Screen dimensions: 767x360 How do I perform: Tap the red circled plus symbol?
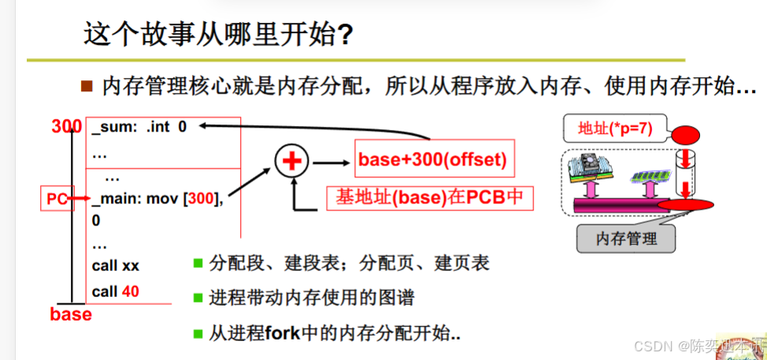(292, 162)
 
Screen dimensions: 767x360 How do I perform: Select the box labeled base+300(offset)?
(432, 161)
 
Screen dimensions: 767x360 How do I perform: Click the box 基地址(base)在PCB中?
(429, 196)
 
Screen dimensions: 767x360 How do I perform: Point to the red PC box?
(57, 200)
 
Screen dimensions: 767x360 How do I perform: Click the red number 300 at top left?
(66, 126)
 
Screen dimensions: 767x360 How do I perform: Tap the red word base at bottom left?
(71, 315)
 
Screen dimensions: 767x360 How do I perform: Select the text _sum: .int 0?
(139, 126)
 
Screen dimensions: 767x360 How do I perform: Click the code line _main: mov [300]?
(157, 200)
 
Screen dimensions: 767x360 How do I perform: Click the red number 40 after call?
(131, 291)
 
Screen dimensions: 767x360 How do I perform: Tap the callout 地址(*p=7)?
(613, 127)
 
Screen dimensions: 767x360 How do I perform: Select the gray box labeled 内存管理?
(626, 237)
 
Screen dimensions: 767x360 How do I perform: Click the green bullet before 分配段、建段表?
(198, 263)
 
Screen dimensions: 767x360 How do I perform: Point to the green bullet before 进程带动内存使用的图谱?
(198, 299)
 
